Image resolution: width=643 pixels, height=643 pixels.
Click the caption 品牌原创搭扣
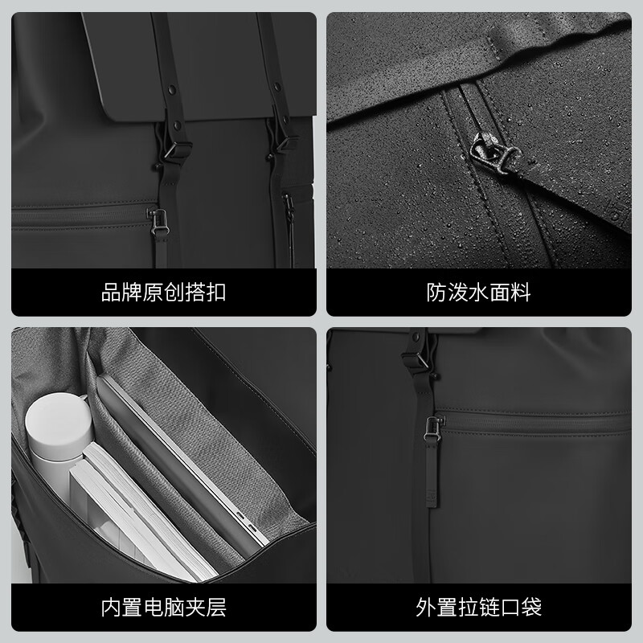pos(163,292)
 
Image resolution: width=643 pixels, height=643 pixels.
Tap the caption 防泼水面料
pos(479,292)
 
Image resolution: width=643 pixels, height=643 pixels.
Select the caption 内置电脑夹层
pos(163,605)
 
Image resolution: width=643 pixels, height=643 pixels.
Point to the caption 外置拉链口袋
pos(479,605)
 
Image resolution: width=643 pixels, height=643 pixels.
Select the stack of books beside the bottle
pos(121,514)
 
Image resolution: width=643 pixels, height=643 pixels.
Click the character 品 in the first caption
pos(111,292)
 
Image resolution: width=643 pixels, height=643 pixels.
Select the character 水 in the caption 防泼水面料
pos(479,292)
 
